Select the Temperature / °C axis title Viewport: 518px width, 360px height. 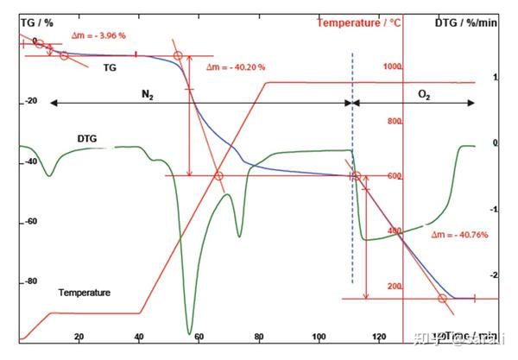pyautogui.click(x=358, y=23)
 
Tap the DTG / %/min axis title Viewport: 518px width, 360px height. pyautogui.click(x=466, y=23)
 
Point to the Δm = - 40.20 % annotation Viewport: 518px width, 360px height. pyautogui.click(x=236, y=66)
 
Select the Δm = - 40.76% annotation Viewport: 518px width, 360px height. pyautogui.click(x=461, y=234)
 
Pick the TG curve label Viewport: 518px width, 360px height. pyautogui.click(x=110, y=66)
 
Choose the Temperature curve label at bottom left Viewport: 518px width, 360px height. pyautogui.click(x=85, y=293)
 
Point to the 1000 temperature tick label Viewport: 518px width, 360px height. pyautogui.click(x=393, y=67)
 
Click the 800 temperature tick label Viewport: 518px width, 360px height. pyautogui.click(x=395, y=122)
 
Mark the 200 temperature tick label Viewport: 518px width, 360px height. pyautogui.click(x=395, y=287)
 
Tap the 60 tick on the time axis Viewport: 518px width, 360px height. pyautogui.click(x=199, y=338)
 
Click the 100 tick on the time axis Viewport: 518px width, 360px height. pyautogui.click(x=319, y=338)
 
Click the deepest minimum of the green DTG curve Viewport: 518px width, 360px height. pyautogui.click(x=189, y=332)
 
